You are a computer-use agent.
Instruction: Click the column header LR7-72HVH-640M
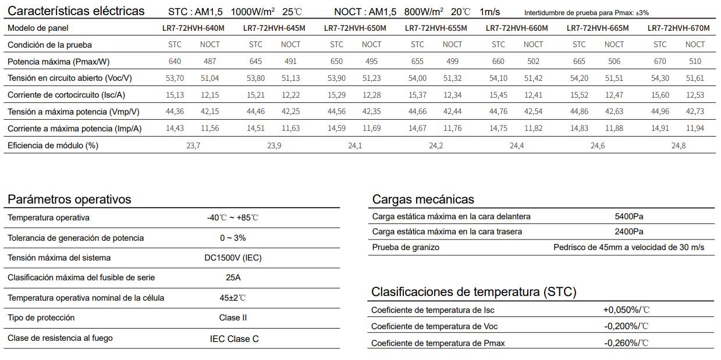(x=193, y=28)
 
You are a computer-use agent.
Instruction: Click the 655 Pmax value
(x=417, y=61)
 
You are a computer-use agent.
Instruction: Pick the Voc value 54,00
(x=417, y=78)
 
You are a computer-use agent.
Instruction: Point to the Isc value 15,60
(x=660, y=95)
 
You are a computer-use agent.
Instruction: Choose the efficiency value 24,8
(x=679, y=145)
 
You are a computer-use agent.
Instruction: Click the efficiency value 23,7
(x=193, y=145)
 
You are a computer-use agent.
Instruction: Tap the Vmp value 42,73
(x=695, y=112)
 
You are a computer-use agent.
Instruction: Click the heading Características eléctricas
(x=76, y=11)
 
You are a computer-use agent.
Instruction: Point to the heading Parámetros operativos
(x=69, y=199)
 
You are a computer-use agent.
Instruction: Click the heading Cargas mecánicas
(x=423, y=199)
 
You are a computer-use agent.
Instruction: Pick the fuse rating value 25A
(x=233, y=277)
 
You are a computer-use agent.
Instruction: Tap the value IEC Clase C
(x=234, y=338)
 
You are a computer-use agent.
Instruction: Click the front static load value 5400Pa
(x=629, y=216)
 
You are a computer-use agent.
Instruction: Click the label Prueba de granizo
(x=406, y=247)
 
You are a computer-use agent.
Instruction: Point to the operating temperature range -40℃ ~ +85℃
(x=232, y=218)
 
